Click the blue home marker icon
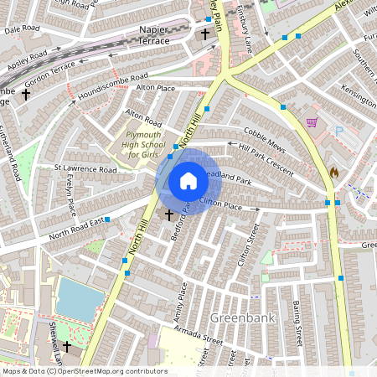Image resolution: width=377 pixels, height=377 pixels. [x=188, y=181]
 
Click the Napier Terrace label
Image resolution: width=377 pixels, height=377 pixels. [x=150, y=34]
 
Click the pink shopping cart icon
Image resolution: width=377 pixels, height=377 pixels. [x=312, y=122]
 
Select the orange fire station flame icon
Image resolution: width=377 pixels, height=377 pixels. [x=334, y=171]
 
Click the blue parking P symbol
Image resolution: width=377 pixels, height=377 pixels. [x=339, y=131]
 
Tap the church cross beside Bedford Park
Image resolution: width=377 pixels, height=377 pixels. [x=169, y=215]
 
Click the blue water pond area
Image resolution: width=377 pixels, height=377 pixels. [x=80, y=299]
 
